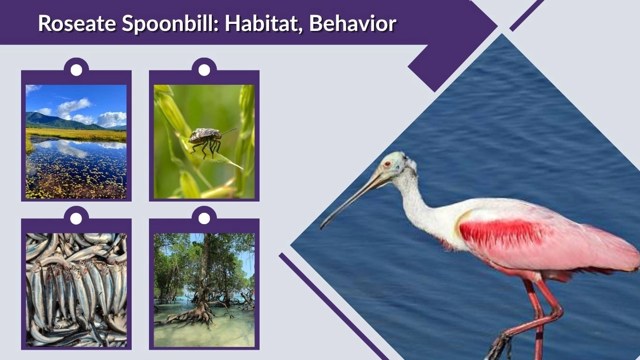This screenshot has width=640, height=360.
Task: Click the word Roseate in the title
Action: [x=77, y=23]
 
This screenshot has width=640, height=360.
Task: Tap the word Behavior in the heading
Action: [x=352, y=23]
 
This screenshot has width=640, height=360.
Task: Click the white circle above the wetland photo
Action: [x=76, y=70]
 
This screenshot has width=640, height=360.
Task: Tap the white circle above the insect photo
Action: [x=204, y=70]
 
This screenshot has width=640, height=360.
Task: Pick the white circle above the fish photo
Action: [x=76, y=218]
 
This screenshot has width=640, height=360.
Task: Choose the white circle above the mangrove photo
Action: [x=204, y=218]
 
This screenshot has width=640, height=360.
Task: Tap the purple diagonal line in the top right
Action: [x=527, y=15]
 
